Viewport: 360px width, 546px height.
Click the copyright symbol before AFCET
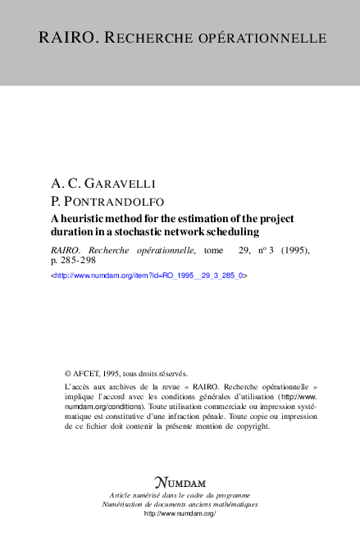(68, 372)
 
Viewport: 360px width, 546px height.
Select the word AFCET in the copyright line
(88, 372)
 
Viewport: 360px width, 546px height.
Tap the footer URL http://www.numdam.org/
(180, 513)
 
